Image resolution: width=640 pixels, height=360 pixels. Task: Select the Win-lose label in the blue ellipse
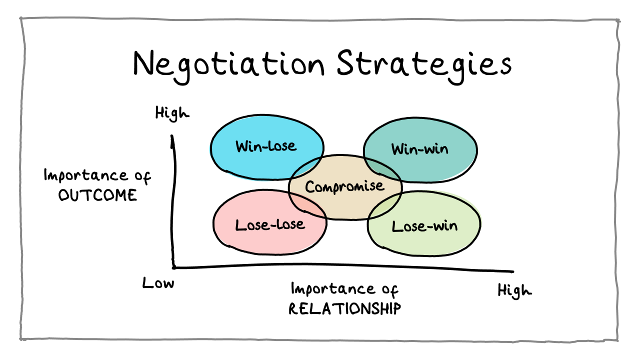point(266,146)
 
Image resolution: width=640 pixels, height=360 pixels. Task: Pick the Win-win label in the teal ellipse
point(419,149)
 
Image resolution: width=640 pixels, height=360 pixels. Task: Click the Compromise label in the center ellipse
point(345,187)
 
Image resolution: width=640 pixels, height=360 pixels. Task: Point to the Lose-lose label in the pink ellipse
point(270,225)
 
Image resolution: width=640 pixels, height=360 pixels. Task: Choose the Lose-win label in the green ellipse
point(424,226)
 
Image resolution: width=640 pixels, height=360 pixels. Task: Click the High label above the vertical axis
point(172,113)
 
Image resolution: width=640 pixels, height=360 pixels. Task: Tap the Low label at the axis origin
point(158,283)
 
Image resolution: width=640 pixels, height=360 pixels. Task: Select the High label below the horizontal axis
point(514,291)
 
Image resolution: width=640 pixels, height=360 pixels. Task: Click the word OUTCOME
point(97,195)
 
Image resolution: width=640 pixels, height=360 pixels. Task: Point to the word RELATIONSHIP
point(345,309)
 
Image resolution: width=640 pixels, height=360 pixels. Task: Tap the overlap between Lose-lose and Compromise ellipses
point(306,204)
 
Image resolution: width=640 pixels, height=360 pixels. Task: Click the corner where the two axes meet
point(173,267)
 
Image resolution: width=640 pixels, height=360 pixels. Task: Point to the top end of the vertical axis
point(172,135)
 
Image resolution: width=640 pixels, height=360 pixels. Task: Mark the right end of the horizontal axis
point(513,271)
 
